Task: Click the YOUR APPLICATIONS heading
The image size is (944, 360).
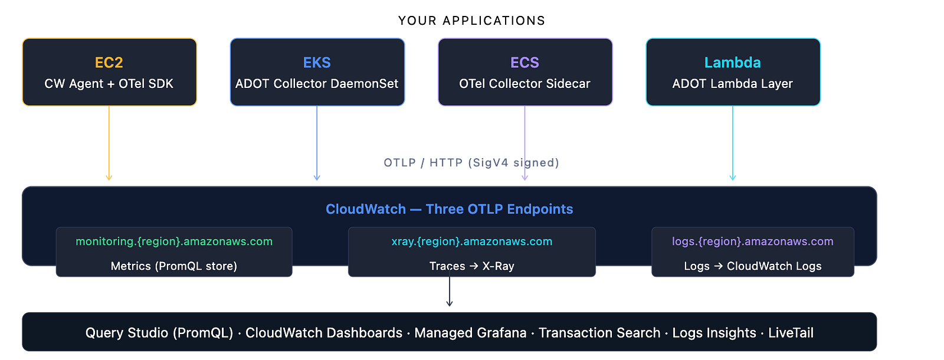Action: pos(471,21)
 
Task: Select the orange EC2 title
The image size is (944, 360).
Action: pos(109,63)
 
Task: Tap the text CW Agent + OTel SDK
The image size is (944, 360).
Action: pos(109,83)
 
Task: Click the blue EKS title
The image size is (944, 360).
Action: pos(317,63)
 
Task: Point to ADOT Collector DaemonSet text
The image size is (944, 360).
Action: pos(317,83)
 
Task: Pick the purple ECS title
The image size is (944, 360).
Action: pos(525,63)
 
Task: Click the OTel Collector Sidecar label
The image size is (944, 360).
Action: pos(525,83)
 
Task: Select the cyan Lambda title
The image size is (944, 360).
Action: pos(732,63)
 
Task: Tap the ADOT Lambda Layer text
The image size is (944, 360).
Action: pos(732,83)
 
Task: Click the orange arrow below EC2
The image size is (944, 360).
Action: pos(109,143)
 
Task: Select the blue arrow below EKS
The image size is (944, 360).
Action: pos(317,143)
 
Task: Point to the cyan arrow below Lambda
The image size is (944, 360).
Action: pos(732,143)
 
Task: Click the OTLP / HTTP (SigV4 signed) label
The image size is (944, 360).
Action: pos(471,163)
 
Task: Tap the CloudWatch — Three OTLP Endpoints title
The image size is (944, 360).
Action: pos(449,209)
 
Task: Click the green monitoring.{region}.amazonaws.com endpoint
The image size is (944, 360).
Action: pos(174,241)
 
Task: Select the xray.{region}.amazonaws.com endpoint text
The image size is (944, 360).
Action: pos(471,241)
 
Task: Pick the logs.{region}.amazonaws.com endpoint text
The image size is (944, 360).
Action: pos(753,241)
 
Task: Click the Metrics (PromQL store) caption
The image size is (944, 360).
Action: pos(173,266)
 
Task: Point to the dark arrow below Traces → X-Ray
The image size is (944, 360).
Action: pos(449,289)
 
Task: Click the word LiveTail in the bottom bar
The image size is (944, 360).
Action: pos(791,333)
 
